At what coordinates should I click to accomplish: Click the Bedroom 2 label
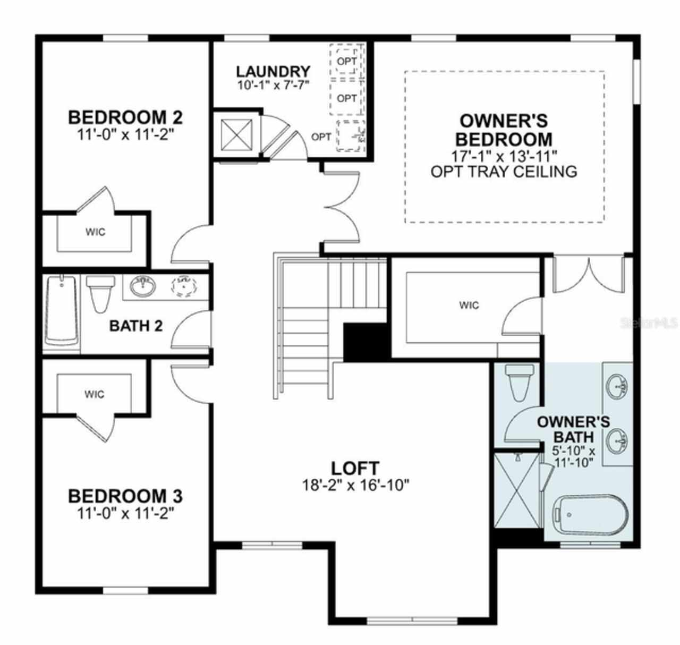click(125, 117)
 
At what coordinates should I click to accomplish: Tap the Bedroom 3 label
click(125, 496)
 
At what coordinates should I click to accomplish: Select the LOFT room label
click(355, 469)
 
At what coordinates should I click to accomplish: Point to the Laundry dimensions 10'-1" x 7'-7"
click(273, 86)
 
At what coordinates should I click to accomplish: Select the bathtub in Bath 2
click(62, 310)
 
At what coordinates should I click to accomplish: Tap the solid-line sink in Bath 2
click(142, 286)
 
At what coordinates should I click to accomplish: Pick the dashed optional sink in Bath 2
click(184, 286)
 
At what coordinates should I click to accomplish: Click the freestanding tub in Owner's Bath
click(590, 514)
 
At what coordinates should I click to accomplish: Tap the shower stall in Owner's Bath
click(516, 490)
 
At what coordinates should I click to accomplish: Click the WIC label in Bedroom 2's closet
click(96, 232)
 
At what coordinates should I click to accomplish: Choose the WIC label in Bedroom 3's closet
click(94, 394)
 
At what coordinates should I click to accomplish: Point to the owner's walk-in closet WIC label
click(469, 305)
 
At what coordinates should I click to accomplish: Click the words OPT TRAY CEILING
click(504, 172)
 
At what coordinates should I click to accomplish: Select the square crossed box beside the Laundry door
click(236, 135)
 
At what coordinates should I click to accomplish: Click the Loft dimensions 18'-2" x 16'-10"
click(355, 485)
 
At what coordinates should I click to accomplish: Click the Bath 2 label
click(136, 326)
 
